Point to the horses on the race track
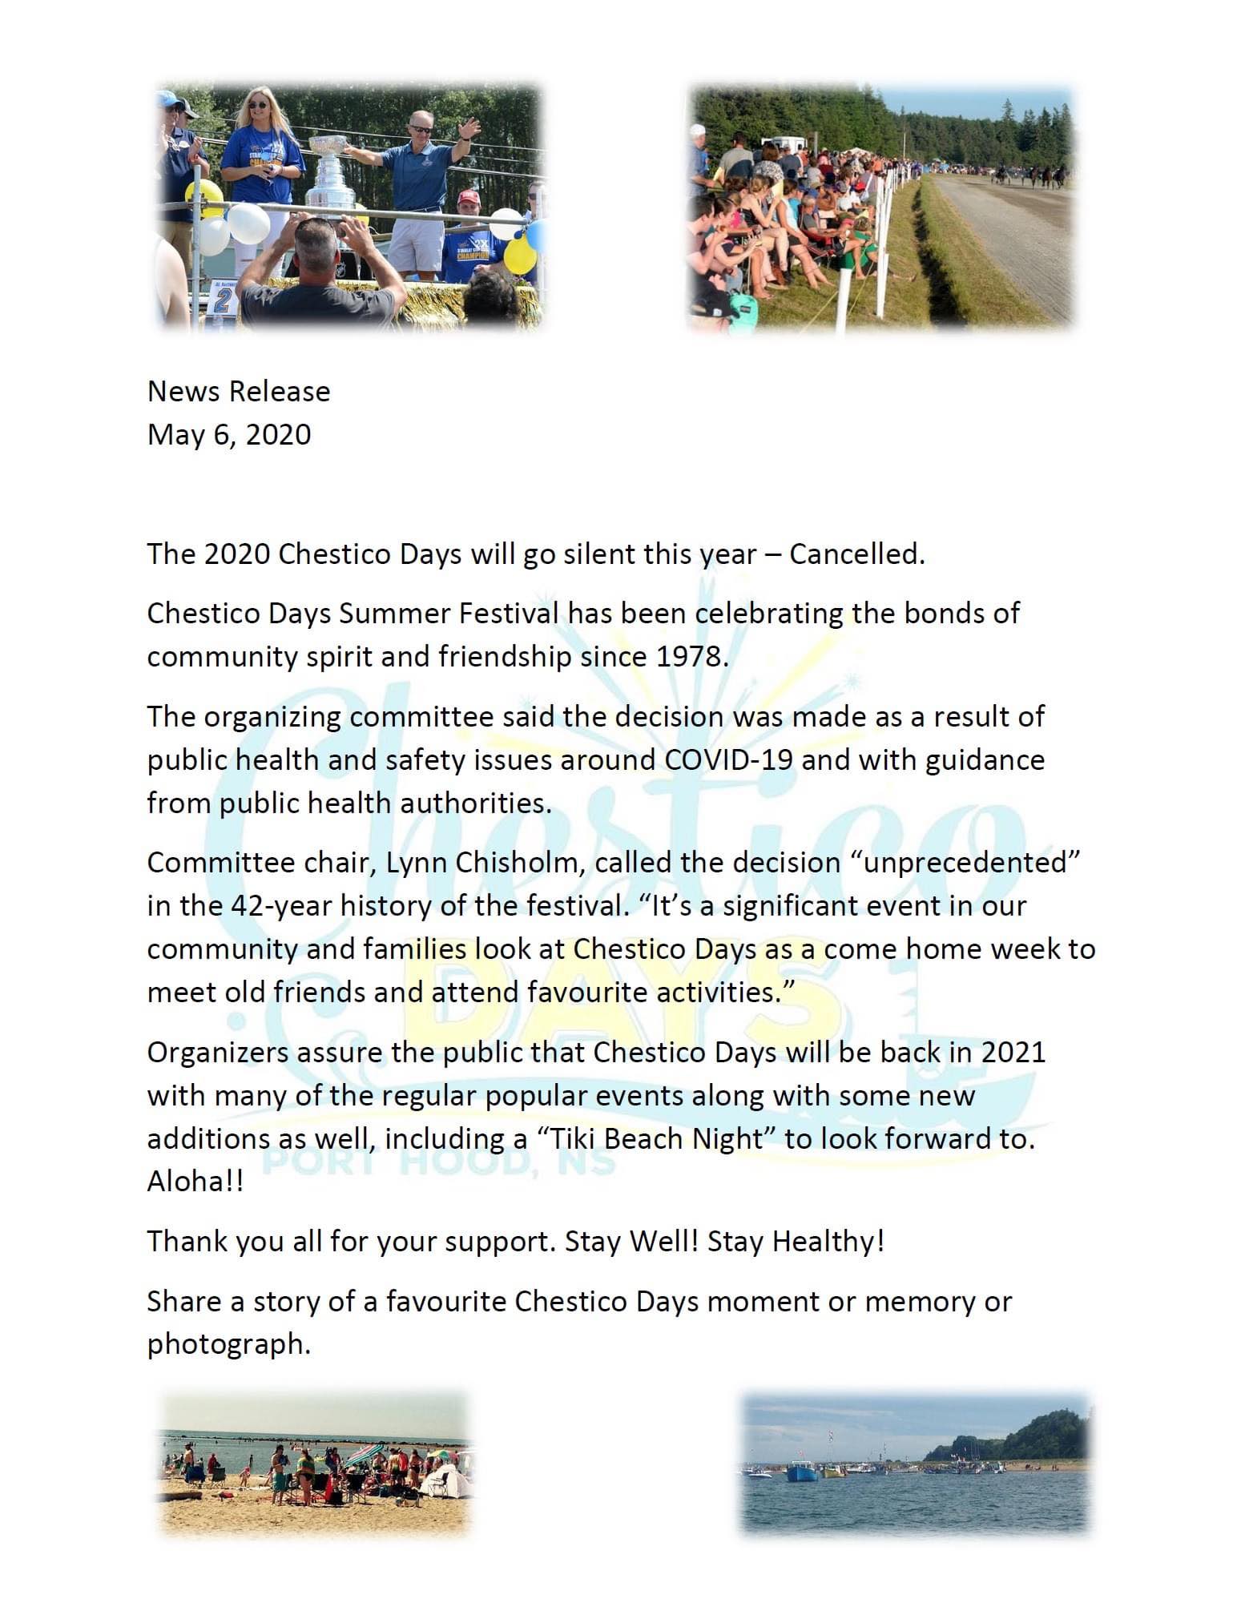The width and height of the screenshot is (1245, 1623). pos(1033,174)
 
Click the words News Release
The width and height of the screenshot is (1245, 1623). pos(239,391)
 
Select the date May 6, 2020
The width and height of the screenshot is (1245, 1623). pos(229,434)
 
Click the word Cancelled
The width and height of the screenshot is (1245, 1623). pos(856,554)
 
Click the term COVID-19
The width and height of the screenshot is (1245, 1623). pos(728,759)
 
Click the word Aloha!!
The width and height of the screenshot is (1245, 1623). pos(195,1181)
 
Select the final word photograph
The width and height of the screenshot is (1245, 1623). pos(228,1343)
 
